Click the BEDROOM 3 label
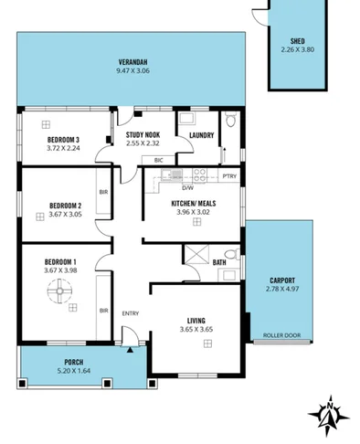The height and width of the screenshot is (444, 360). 65,140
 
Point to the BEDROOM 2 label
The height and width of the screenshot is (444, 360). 65,205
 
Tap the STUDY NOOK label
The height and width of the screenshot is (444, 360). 143,135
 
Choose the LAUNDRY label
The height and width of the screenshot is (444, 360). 201,136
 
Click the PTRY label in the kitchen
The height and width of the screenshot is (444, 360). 229,175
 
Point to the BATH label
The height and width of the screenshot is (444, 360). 219,263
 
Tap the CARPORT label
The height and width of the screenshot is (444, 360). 281,280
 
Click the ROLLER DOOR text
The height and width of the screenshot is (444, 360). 281,335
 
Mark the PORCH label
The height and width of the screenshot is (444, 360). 74,363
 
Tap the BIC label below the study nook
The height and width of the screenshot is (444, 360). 159,161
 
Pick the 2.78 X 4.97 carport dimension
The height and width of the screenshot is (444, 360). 281,290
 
